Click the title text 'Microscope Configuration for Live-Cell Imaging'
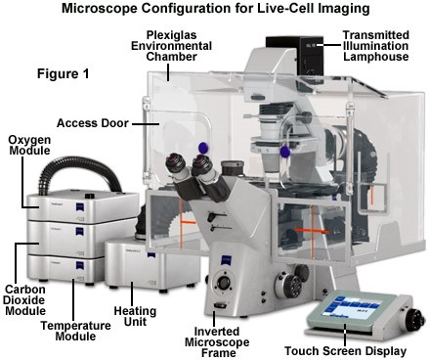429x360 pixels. [x=215, y=9]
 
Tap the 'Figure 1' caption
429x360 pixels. [x=63, y=73]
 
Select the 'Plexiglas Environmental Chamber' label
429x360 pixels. [x=171, y=46]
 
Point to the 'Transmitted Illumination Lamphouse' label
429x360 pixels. [x=375, y=46]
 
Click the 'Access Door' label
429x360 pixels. [x=93, y=123]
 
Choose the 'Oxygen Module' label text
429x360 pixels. [x=29, y=145]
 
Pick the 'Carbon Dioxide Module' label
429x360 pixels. [x=25, y=300]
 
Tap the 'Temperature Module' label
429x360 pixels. [x=75, y=331]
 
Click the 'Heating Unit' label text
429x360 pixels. [x=135, y=316]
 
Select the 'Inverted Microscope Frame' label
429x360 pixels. [x=217, y=342]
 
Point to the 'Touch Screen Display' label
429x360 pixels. [x=346, y=351]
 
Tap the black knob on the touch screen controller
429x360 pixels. [x=415, y=317]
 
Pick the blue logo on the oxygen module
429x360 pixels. [x=80, y=207]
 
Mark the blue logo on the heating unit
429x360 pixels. [x=150, y=255]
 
